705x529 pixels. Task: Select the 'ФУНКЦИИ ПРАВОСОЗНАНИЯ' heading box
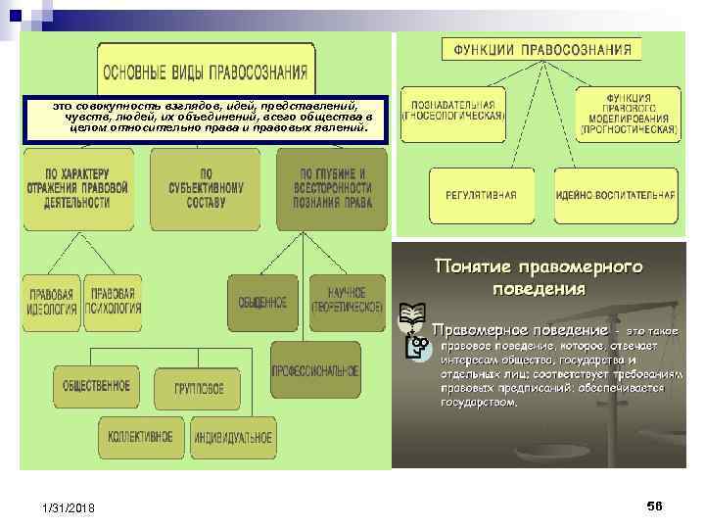[544, 49]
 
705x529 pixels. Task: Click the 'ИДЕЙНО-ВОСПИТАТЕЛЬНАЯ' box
[615, 195]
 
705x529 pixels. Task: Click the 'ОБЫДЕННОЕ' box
[262, 303]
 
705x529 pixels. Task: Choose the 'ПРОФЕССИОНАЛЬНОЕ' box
[315, 370]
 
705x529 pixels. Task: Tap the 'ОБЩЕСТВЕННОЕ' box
[96, 386]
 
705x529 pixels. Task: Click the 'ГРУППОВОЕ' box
[201, 388]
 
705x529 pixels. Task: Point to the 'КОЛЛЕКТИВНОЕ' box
[141, 436]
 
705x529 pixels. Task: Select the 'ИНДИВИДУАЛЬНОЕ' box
[233, 437]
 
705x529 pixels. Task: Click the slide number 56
[654, 505]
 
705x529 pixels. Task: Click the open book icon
[412, 315]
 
